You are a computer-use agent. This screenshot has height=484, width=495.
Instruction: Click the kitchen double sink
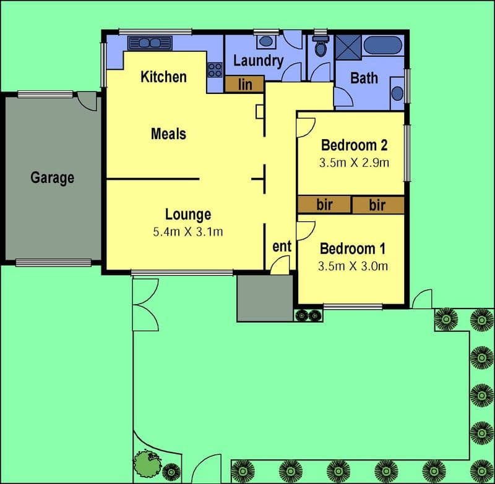(150, 43)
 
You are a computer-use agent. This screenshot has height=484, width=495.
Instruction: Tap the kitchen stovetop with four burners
(215, 70)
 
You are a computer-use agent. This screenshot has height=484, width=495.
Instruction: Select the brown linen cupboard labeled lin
(244, 84)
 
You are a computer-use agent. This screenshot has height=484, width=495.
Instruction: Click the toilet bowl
(321, 46)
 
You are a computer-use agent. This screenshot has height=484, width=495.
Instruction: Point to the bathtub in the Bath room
(383, 45)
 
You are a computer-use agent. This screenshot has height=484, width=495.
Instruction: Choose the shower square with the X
(348, 47)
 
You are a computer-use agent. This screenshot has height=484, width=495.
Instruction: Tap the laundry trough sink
(267, 41)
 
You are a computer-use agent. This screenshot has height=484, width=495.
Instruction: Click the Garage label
(53, 178)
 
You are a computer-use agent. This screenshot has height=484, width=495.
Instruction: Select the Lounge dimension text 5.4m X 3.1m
(188, 232)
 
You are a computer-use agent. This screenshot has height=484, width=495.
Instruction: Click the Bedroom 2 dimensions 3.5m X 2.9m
(354, 163)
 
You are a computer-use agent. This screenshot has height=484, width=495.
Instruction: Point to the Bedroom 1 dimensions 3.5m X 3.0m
(353, 266)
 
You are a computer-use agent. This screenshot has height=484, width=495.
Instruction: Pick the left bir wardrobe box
(324, 205)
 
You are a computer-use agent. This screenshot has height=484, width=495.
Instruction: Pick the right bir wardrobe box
(378, 205)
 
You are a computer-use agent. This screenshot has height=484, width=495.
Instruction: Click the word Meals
(168, 134)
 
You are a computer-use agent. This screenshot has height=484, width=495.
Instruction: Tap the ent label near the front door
(282, 246)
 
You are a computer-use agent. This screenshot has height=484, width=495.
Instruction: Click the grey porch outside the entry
(265, 299)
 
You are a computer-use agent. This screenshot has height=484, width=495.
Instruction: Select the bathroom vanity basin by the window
(397, 93)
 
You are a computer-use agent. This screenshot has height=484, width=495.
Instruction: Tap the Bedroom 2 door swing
(306, 127)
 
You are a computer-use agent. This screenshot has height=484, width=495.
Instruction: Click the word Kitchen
(163, 77)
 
